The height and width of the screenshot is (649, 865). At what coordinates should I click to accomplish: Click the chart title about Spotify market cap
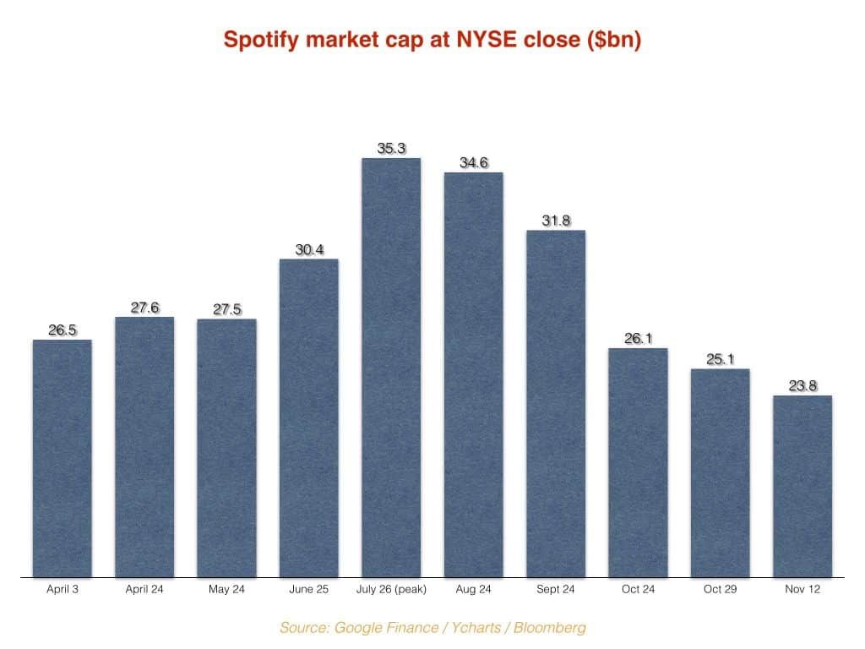point(432,40)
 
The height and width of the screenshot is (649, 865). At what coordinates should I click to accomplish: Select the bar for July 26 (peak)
point(391,368)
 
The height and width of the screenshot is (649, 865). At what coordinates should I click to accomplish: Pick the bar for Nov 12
point(802,486)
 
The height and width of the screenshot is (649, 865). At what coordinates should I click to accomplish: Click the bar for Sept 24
point(556,403)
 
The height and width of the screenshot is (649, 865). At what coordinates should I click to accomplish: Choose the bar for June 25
point(308,417)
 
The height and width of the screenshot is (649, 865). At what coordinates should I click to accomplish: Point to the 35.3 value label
point(391,149)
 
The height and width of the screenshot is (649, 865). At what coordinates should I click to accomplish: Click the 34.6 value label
point(473,163)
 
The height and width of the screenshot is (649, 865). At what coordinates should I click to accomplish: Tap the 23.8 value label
point(802,386)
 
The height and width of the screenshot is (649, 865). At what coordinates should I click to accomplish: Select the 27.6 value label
point(144,308)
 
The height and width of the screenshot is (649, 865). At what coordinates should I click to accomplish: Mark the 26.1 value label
point(638,338)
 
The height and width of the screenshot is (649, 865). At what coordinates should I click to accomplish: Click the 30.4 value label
point(308,249)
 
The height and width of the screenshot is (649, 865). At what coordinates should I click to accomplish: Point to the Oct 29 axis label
point(720,589)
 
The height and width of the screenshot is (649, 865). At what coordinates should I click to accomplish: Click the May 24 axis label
point(226,589)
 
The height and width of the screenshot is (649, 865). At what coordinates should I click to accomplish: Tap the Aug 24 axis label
point(473,589)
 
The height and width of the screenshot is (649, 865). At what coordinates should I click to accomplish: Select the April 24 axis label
point(144,589)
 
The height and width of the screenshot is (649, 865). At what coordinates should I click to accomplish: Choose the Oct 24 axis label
point(638,589)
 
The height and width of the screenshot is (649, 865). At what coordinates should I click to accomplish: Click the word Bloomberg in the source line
point(549,628)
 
